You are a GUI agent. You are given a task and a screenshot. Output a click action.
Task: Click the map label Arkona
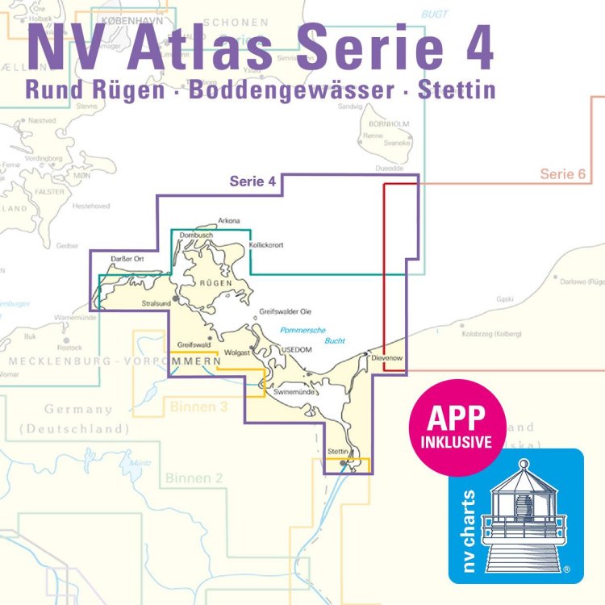(x=229, y=220)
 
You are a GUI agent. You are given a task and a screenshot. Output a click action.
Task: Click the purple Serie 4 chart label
(x=253, y=182)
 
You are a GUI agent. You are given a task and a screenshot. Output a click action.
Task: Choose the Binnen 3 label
(x=198, y=407)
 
